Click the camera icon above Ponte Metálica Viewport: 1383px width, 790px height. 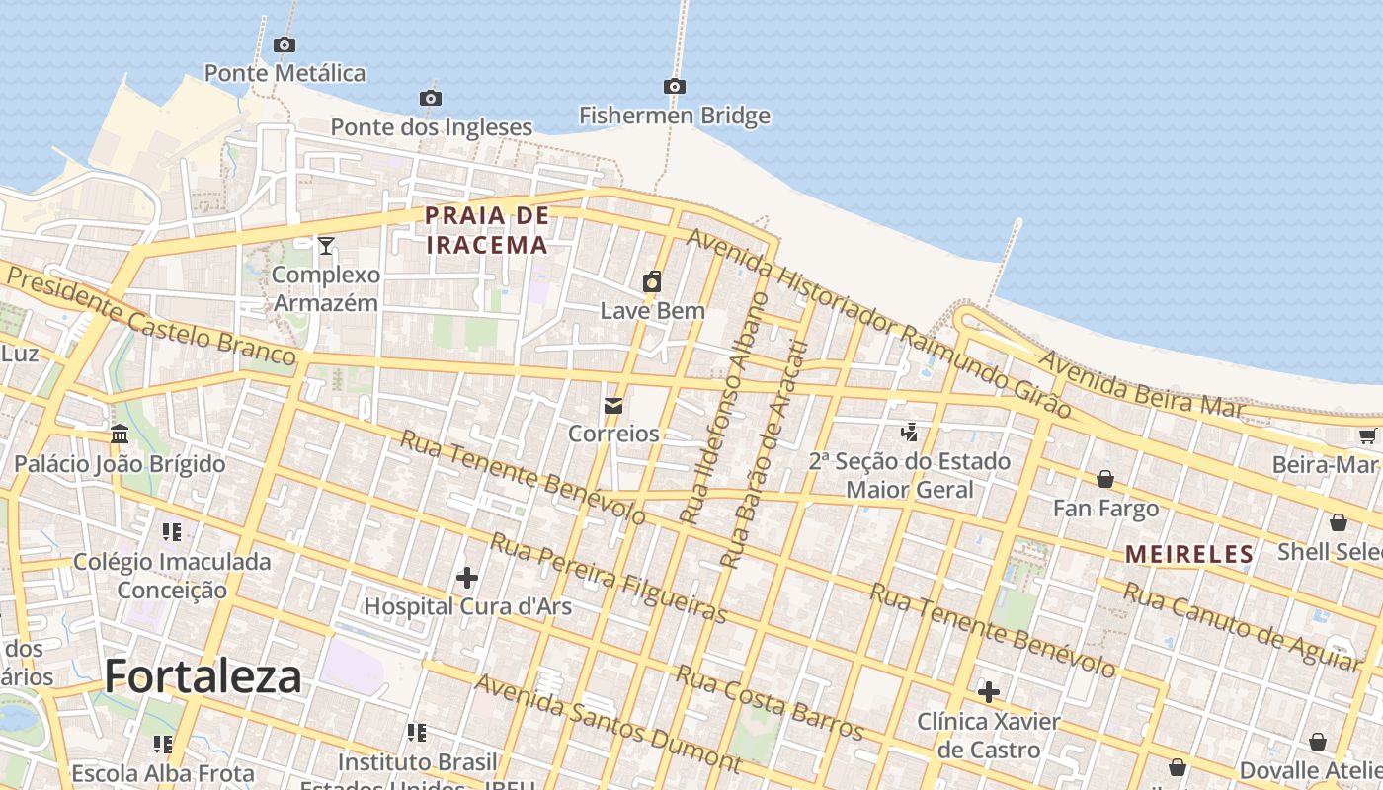tap(284, 44)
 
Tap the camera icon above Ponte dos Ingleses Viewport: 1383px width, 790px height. tap(430, 98)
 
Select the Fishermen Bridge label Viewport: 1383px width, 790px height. tap(674, 116)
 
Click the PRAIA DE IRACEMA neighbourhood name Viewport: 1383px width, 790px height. tap(486, 230)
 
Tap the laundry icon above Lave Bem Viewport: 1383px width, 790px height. tap(652, 282)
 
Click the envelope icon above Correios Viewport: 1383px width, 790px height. tap(613, 406)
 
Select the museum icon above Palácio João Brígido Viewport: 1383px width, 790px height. tap(120, 434)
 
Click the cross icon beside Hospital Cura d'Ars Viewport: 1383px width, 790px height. tap(467, 577)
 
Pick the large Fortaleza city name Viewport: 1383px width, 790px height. tap(203, 676)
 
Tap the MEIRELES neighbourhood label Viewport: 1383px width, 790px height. tap(1189, 554)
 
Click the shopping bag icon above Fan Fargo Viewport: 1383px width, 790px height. tap(1105, 479)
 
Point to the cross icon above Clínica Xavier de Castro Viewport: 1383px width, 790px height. tap(988, 692)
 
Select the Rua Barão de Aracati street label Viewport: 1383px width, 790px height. tap(765, 454)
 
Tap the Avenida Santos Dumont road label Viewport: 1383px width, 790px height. tap(607, 723)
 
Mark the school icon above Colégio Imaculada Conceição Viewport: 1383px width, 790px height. tap(172, 532)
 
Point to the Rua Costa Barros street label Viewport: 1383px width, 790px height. tap(770, 702)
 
